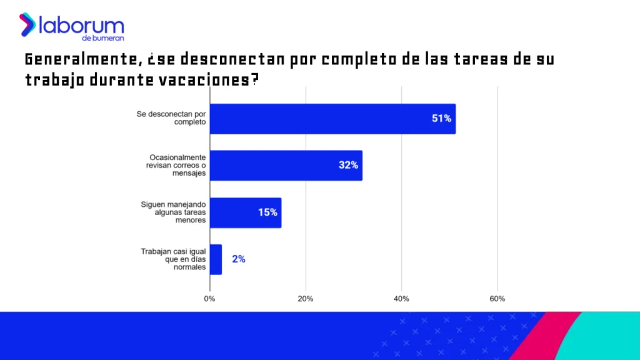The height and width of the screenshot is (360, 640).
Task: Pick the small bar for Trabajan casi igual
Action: pyautogui.click(x=216, y=259)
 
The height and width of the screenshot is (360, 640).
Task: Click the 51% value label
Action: pyautogui.click(x=441, y=119)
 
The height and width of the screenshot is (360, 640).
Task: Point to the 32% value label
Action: pyautogui.click(x=348, y=166)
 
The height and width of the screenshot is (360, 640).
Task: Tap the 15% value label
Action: pyautogui.click(x=267, y=212)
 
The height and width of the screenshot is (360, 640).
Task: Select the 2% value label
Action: pyautogui.click(x=238, y=259)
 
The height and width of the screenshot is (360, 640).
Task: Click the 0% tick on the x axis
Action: pyautogui.click(x=210, y=299)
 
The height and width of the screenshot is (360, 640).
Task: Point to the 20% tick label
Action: pyautogui.click(x=306, y=299)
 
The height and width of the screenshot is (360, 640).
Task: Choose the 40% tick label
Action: pyautogui.click(x=401, y=299)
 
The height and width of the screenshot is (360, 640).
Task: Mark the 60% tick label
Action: pyautogui.click(x=497, y=299)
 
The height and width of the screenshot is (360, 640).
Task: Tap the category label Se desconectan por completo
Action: pyautogui.click(x=172, y=118)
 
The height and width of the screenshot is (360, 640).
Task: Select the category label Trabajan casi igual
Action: pyautogui.click(x=174, y=259)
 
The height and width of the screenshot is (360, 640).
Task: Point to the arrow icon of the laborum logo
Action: pyautogui.click(x=27, y=24)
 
